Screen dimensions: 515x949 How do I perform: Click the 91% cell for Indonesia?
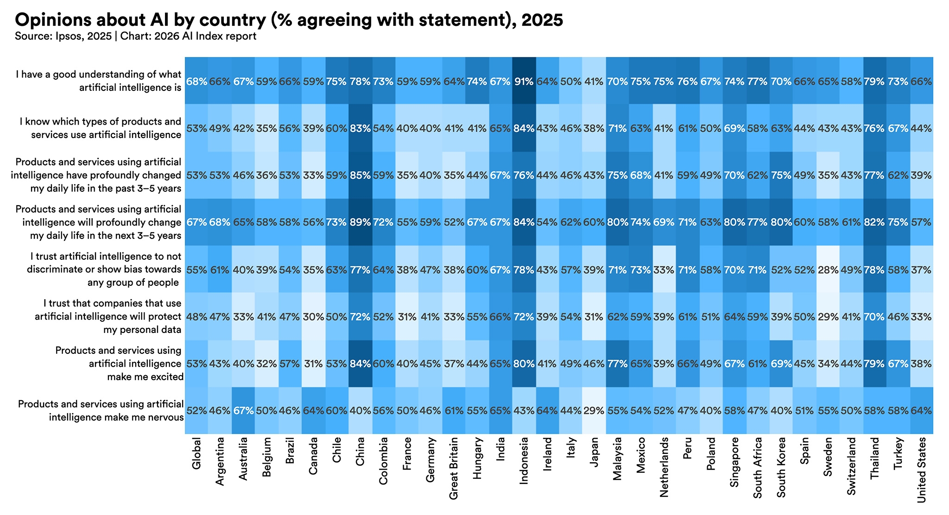(x=524, y=82)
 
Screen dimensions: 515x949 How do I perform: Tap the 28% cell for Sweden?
(x=828, y=270)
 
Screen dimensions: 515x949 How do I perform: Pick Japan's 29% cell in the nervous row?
(x=594, y=411)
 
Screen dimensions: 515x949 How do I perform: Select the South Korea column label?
(x=781, y=467)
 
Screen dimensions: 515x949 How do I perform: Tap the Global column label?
(x=196, y=453)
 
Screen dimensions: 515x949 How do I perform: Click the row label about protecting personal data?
(x=108, y=317)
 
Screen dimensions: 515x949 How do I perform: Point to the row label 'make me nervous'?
(x=101, y=411)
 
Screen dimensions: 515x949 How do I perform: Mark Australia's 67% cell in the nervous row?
(x=243, y=411)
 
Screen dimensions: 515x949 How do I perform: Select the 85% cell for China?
(x=360, y=176)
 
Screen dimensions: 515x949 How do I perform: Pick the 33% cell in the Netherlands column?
(x=664, y=270)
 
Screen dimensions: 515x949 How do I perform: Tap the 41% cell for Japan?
(x=594, y=82)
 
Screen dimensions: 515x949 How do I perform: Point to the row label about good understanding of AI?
(x=98, y=81)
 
